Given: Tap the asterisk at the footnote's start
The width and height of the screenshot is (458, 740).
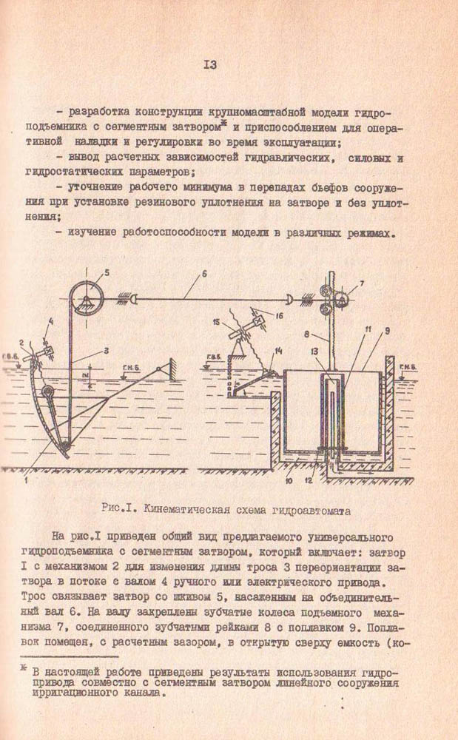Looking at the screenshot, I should point(24,670).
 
